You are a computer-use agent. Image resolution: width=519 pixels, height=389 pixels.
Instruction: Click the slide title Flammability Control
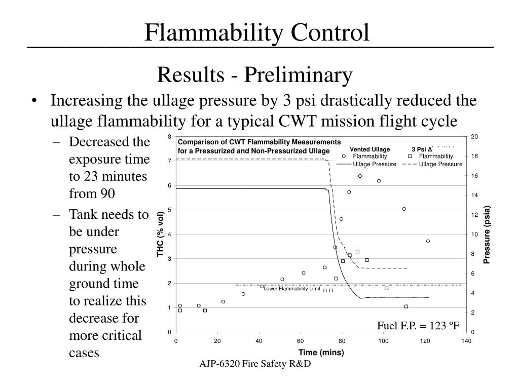click(x=257, y=32)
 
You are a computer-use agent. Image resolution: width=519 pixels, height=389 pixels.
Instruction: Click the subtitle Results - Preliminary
click(x=254, y=75)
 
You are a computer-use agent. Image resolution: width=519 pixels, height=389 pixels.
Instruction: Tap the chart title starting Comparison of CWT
click(x=259, y=146)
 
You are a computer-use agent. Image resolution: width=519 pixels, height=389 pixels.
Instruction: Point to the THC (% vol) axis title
click(x=160, y=233)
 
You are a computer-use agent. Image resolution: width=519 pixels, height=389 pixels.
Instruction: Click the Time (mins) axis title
click(x=321, y=352)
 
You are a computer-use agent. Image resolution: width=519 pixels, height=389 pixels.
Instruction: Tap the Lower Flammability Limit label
click(x=292, y=289)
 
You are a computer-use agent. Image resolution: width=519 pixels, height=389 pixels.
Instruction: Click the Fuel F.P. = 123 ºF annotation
click(x=418, y=325)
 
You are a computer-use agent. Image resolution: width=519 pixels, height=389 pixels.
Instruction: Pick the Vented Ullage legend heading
click(x=369, y=149)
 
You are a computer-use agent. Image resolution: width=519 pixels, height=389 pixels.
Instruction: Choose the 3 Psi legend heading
click(x=422, y=149)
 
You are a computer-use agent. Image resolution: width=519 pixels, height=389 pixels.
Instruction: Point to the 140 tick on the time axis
click(x=466, y=341)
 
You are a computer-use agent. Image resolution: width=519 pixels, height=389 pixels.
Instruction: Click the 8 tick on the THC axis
click(x=170, y=137)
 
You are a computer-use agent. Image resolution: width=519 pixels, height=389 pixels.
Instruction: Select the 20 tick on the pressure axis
click(x=474, y=137)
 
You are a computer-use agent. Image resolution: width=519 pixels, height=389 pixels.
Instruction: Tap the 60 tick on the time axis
click(x=301, y=341)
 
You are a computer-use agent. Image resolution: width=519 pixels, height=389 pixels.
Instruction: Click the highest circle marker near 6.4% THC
click(x=360, y=176)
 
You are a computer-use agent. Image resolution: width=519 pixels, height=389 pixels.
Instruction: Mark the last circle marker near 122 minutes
click(x=428, y=241)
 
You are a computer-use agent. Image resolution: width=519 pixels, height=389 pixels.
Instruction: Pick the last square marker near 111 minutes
click(x=406, y=306)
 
